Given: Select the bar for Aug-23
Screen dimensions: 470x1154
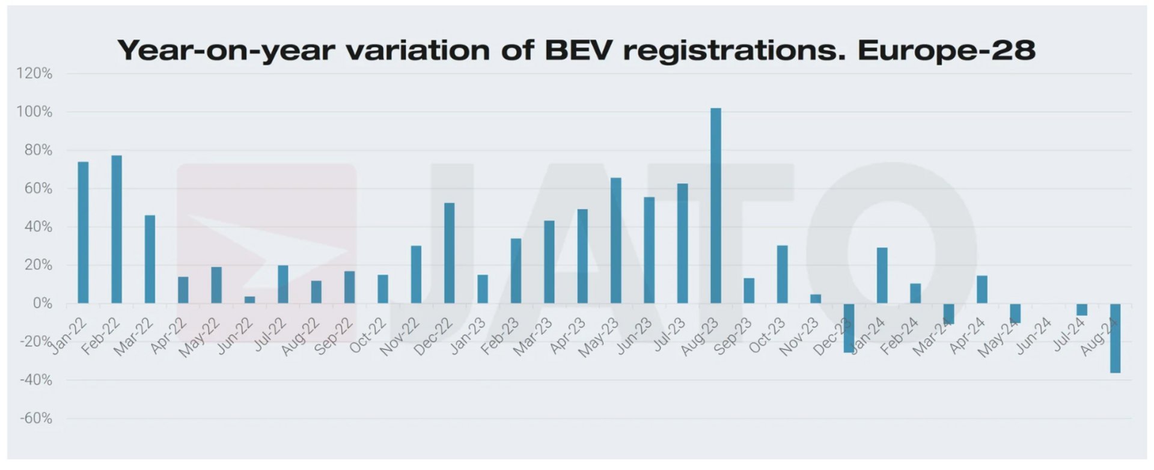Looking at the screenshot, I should (715, 206).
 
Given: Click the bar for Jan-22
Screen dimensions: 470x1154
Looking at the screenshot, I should (83, 233).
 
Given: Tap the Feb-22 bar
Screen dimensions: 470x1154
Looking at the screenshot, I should (117, 230).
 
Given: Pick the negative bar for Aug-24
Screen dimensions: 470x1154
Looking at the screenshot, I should (1115, 338).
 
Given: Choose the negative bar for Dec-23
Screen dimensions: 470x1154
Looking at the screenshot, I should (849, 328).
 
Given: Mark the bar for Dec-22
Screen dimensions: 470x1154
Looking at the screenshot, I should (449, 253).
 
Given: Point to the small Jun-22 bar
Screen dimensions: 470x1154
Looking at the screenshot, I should (249, 300).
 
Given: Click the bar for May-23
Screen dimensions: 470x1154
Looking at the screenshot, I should (615, 240).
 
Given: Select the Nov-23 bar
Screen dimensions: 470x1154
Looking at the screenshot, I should (816, 299).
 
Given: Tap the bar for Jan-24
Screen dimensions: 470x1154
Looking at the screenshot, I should (882, 275).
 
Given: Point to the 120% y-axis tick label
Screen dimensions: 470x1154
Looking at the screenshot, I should (34, 73).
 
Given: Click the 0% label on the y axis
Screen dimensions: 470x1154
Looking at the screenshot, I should (42, 304).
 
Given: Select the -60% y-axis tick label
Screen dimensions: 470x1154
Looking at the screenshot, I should (36, 418).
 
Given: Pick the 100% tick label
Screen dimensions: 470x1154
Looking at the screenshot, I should (34, 112).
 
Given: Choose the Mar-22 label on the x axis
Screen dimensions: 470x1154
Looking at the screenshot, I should (134, 337).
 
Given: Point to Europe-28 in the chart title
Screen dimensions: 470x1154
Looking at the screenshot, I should (947, 49).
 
